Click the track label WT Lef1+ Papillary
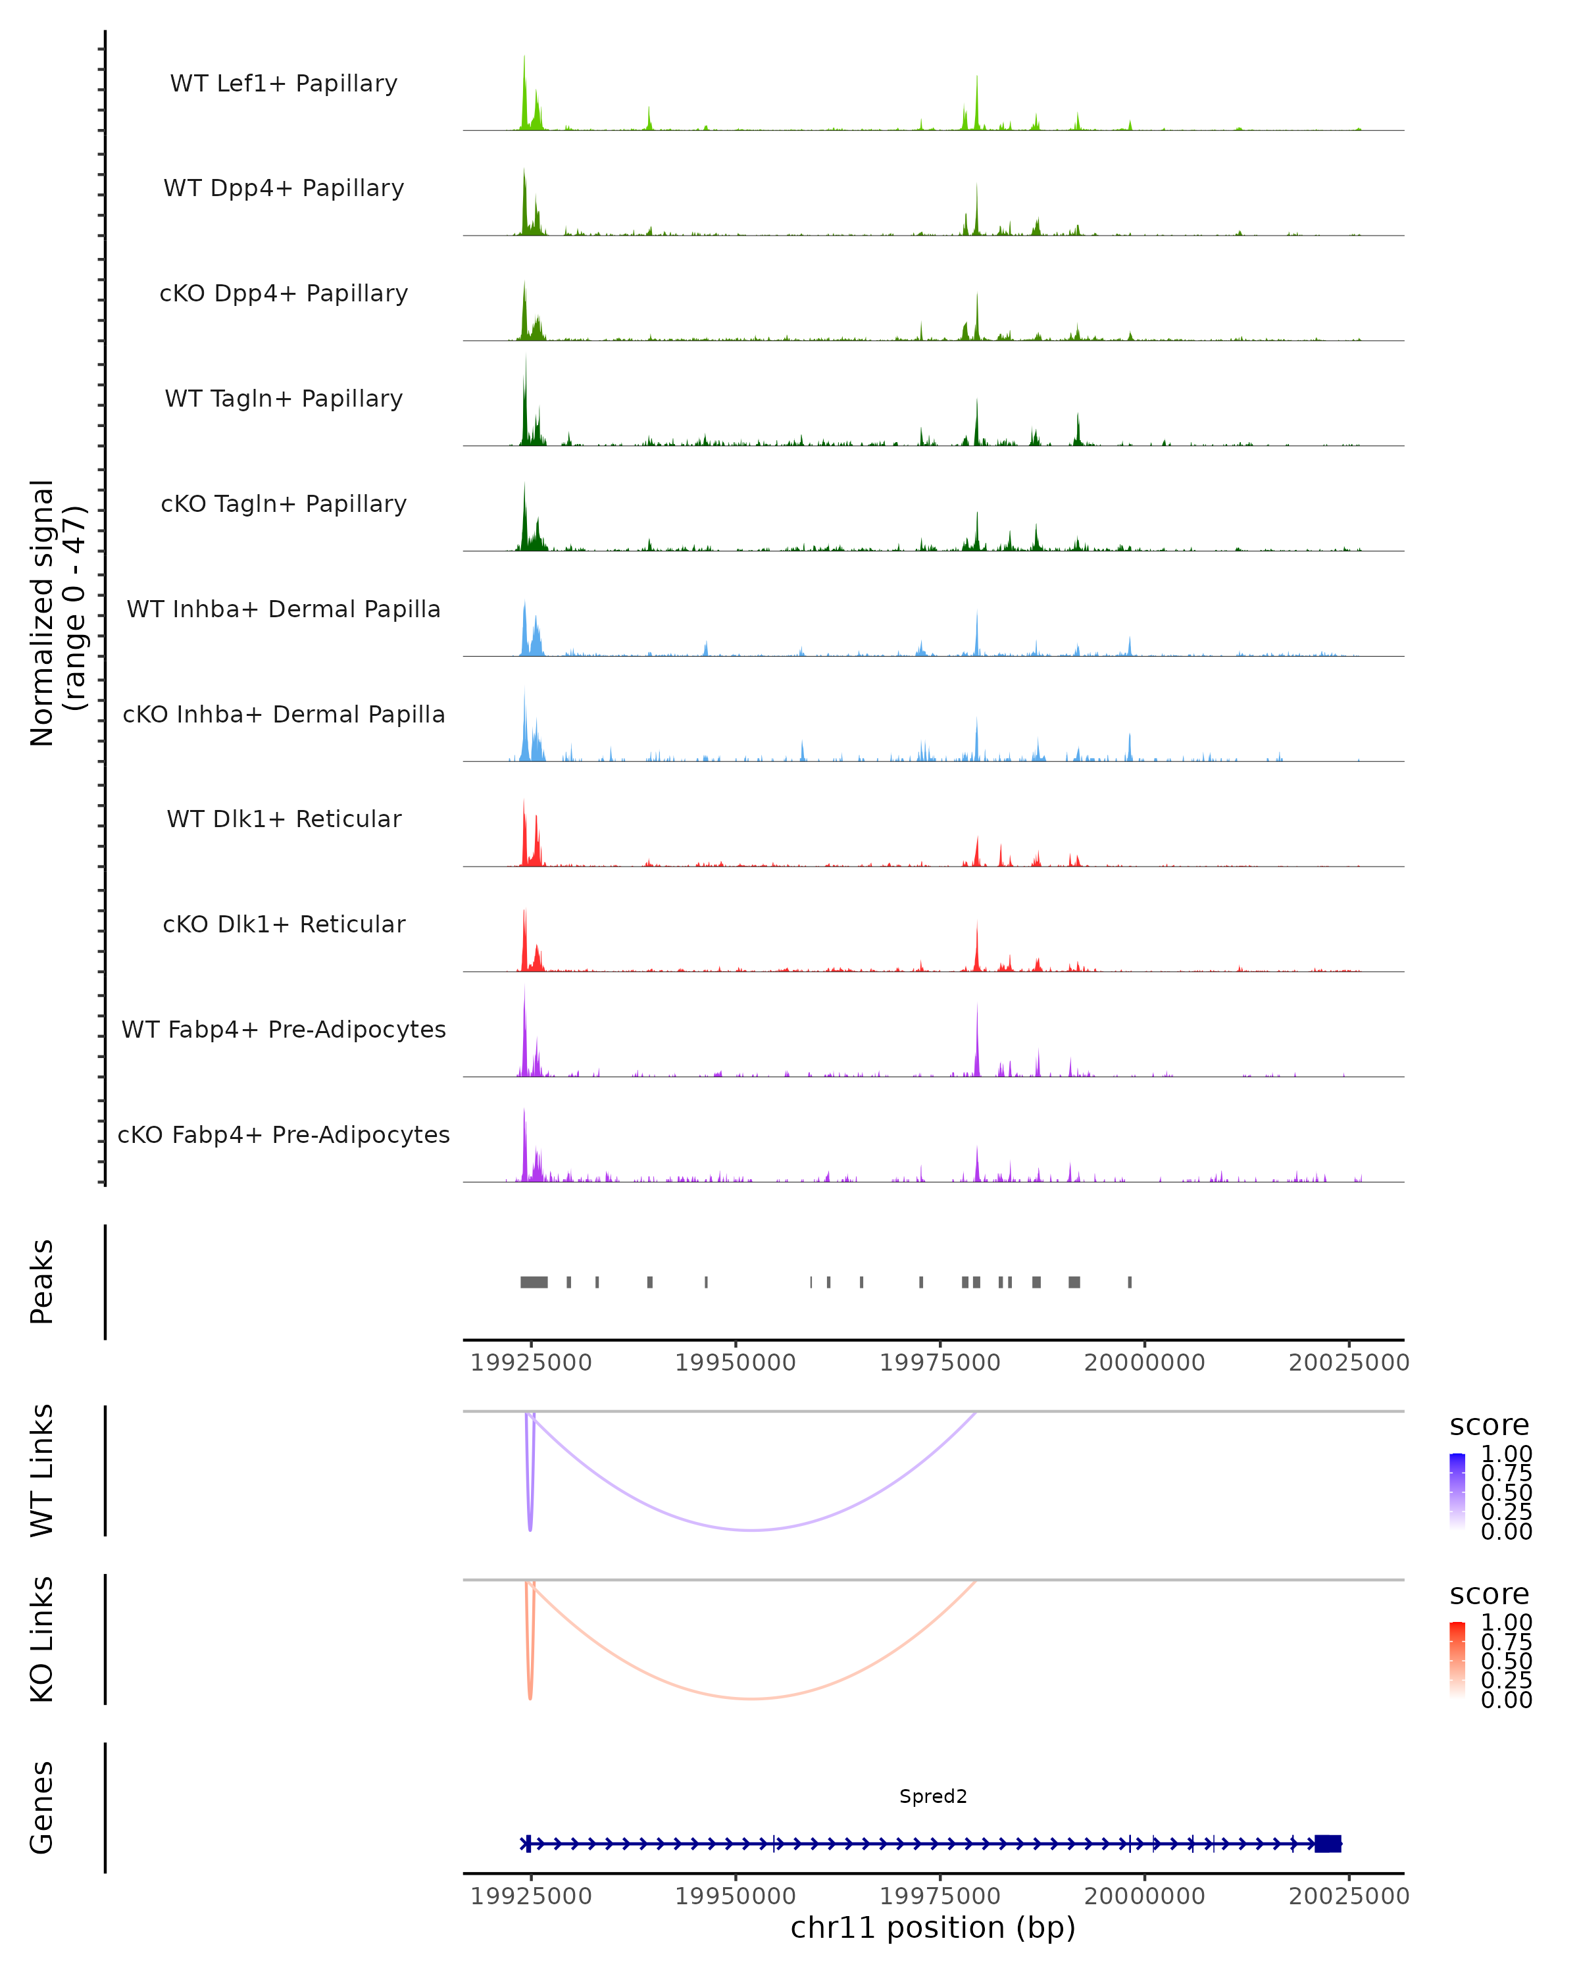pos(284,84)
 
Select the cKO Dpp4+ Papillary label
pos(284,294)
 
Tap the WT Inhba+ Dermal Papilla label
pos(284,610)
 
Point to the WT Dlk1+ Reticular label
pos(284,819)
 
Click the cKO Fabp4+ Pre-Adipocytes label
pos(284,1135)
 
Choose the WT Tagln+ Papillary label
pos(284,399)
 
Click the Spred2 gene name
pos(933,1797)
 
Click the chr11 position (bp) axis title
pos(933,1928)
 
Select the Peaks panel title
pos(42,1282)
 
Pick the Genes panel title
pos(42,1808)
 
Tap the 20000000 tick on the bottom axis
pos(1144,1896)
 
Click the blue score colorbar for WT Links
pos(1457,1490)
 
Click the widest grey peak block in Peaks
pos(534,1282)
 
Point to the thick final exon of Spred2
pos(1327,1844)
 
